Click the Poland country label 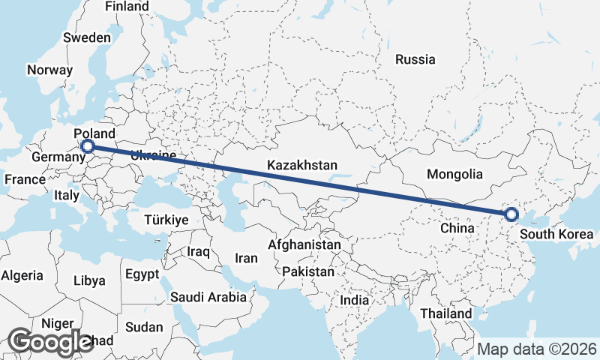[94, 133]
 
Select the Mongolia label [454, 174]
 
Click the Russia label [415, 59]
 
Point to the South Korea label [556, 234]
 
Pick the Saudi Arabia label [208, 297]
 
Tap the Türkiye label [166, 220]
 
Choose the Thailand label [446, 313]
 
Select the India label [355, 300]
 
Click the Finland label [127, 6]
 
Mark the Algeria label [22, 275]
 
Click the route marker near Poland [87, 147]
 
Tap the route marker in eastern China [511, 214]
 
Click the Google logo [49, 341]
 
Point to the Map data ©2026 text [537, 349]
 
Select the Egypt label [142, 274]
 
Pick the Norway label [49, 70]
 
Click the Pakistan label [308, 271]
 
